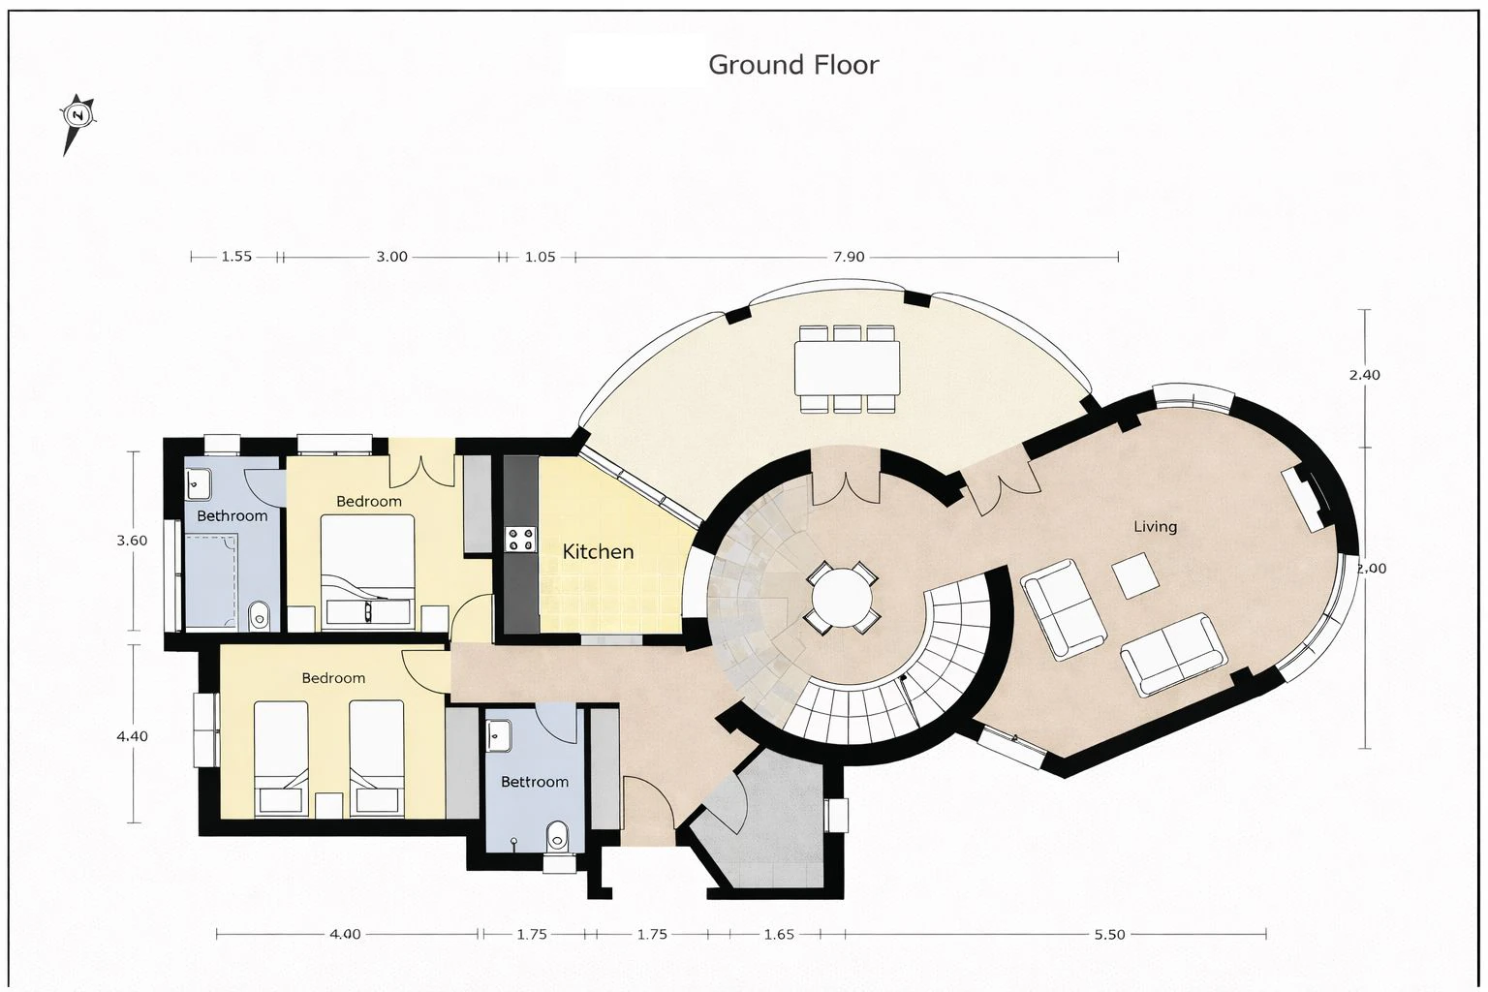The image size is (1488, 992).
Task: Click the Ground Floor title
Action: pyautogui.click(x=793, y=65)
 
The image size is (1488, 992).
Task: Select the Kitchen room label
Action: pyautogui.click(x=598, y=551)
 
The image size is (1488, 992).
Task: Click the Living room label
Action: pyautogui.click(x=1155, y=526)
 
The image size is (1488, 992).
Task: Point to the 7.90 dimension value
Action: pyautogui.click(x=849, y=257)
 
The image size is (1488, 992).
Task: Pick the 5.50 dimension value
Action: pyautogui.click(x=1109, y=934)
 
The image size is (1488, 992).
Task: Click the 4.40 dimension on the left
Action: pyautogui.click(x=132, y=735)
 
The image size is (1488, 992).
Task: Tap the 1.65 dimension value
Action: pyautogui.click(x=779, y=934)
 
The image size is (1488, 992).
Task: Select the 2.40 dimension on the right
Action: pyautogui.click(x=1364, y=375)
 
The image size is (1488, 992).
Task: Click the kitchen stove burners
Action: pyautogui.click(x=521, y=539)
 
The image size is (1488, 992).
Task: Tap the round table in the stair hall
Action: pyautogui.click(x=842, y=597)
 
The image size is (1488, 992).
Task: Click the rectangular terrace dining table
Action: pyautogui.click(x=847, y=368)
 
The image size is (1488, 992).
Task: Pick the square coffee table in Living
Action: pyautogui.click(x=1135, y=575)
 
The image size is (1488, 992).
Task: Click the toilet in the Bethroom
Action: pyautogui.click(x=259, y=616)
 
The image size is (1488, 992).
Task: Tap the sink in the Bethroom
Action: pyautogui.click(x=198, y=483)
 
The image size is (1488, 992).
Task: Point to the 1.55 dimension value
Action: pyautogui.click(x=236, y=257)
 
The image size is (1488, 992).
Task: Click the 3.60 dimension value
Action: pyautogui.click(x=132, y=541)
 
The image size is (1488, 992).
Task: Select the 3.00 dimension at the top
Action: pyautogui.click(x=392, y=257)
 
